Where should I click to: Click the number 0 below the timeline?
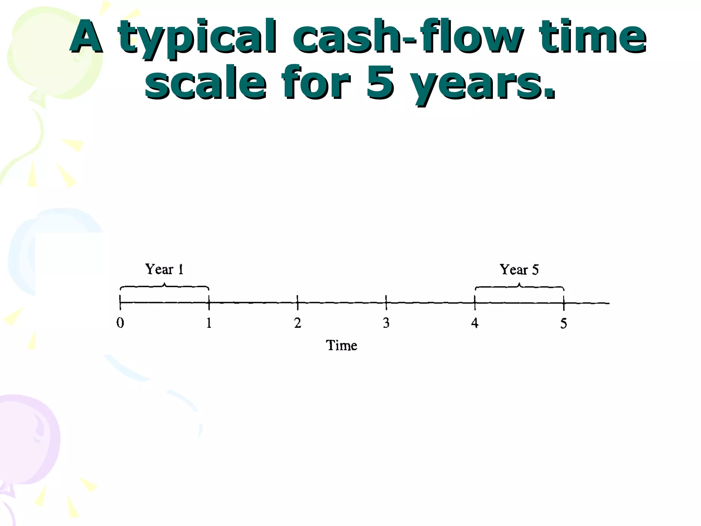pyautogui.click(x=120, y=323)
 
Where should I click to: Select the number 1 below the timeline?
pyautogui.click(x=209, y=323)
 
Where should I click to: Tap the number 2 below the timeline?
pyautogui.click(x=297, y=323)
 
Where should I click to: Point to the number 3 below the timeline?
pyautogui.click(x=386, y=323)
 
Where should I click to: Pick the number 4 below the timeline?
pyautogui.click(x=475, y=323)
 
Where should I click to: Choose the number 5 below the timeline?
pyautogui.click(x=563, y=324)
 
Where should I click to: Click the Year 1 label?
pyautogui.click(x=165, y=270)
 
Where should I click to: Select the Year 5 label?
pyautogui.click(x=519, y=270)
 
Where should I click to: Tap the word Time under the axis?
pyautogui.click(x=341, y=345)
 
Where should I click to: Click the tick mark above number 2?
pyautogui.click(x=297, y=302)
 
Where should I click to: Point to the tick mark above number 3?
pyautogui.click(x=386, y=302)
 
